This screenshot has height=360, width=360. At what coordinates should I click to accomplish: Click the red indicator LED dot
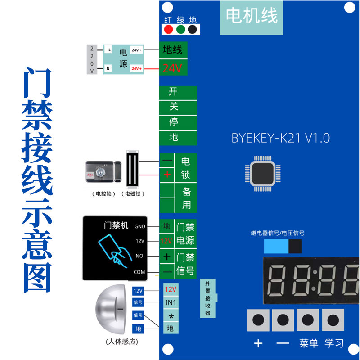click(169, 30)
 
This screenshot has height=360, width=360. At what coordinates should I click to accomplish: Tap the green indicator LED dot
click(181, 30)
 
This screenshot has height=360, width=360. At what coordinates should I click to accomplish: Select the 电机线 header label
click(252, 17)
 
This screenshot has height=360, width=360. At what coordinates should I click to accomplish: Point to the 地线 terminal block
click(173, 49)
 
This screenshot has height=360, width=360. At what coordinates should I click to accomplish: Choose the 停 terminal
click(174, 122)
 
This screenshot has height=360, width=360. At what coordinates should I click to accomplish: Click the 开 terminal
click(173, 92)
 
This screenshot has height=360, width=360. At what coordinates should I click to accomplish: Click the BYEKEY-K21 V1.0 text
click(280, 138)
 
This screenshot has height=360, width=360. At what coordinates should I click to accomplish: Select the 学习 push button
click(333, 320)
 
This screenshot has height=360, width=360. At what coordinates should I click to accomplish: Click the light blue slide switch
click(276, 247)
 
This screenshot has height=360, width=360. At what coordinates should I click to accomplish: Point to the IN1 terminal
click(171, 302)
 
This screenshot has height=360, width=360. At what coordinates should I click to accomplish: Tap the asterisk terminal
click(171, 315)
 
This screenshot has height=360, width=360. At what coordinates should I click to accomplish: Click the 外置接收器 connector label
click(208, 298)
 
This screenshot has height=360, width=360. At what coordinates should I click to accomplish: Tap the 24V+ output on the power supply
click(137, 69)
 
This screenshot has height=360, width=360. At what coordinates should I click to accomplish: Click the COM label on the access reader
click(139, 272)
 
